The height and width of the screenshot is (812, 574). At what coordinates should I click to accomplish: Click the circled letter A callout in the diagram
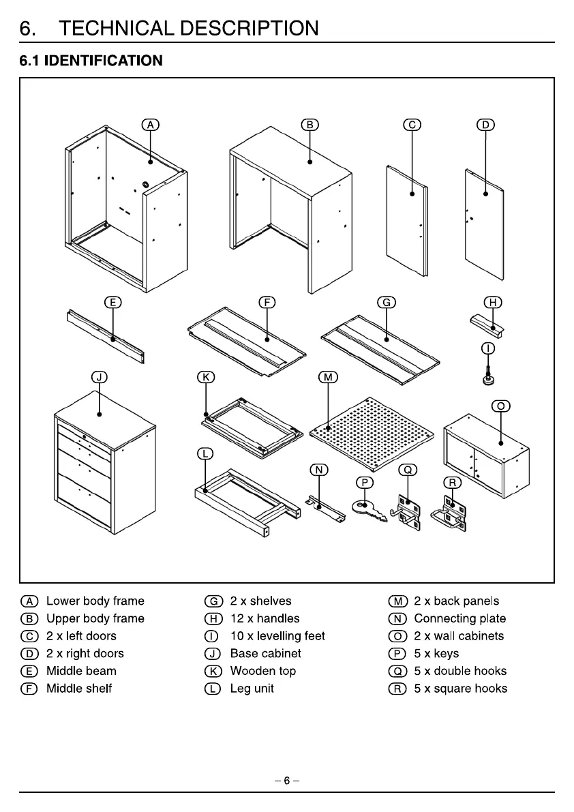(151, 125)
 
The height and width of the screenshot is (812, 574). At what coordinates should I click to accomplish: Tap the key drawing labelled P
(369, 510)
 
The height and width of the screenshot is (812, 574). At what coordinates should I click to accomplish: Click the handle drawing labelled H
(487, 325)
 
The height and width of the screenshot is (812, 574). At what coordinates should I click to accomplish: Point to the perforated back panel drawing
(372, 434)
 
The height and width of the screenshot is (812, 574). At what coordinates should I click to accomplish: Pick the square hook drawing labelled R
(449, 513)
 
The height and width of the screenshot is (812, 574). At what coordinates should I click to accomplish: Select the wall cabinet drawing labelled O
(487, 455)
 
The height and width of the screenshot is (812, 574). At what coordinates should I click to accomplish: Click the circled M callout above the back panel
(328, 378)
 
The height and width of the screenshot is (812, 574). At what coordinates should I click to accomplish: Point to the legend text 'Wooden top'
(263, 671)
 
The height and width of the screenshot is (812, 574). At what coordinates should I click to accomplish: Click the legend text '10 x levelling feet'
(277, 636)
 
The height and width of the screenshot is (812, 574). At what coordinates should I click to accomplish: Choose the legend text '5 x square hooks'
(461, 688)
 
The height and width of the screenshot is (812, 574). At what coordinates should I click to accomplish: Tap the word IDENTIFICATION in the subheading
(104, 61)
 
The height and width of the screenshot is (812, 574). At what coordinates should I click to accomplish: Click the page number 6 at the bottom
(287, 780)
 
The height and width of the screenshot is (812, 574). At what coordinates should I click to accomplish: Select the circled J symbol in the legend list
(213, 654)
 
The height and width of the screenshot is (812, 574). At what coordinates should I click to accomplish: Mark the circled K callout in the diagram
(206, 378)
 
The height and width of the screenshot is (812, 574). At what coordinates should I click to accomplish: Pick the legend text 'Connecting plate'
(460, 618)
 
